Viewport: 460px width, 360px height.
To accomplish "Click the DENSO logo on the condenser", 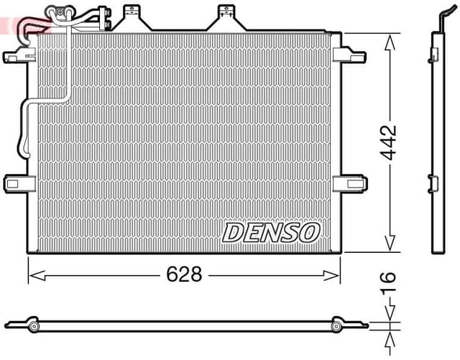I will pyautogui.click(x=270, y=232).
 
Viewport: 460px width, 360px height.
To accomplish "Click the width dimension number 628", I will pyautogui.click(x=184, y=274).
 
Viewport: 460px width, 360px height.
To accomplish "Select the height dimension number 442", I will pyautogui.click(x=389, y=143).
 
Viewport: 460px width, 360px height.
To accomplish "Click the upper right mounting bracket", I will pyautogui.click(x=351, y=54).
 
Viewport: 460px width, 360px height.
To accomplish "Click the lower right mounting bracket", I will pyautogui.click(x=351, y=183).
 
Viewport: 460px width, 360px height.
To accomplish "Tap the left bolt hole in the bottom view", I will pyautogui.click(x=34, y=327).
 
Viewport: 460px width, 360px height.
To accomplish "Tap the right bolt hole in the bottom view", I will pyautogui.click(x=336, y=327).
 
